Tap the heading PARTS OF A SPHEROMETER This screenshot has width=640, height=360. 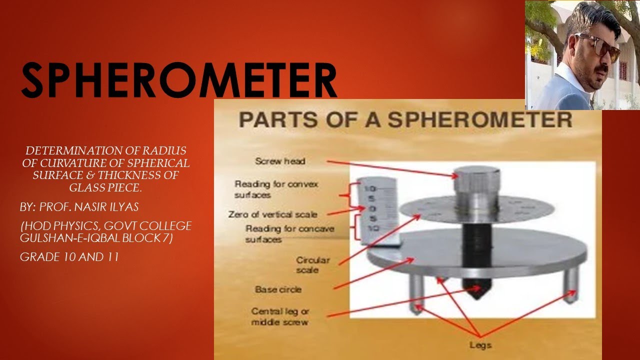click(x=405, y=120)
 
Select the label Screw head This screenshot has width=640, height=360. click(x=280, y=161)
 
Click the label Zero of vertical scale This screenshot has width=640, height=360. click(x=272, y=214)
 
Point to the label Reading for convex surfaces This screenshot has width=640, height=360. click(x=276, y=189)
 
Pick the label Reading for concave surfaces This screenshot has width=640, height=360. click(x=289, y=234)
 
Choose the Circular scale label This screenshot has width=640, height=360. click(x=313, y=265)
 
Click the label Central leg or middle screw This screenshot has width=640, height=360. click(x=280, y=316)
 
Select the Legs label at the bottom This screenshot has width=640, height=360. click(x=480, y=345)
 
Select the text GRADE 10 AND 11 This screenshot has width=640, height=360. click(x=69, y=257)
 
